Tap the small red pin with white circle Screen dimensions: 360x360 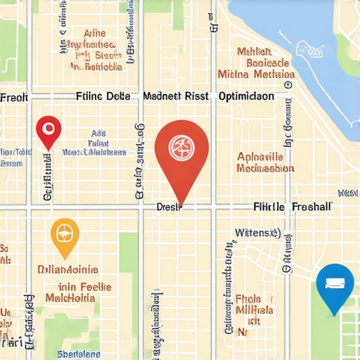[48, 129]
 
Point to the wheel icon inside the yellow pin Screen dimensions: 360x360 [65, 233]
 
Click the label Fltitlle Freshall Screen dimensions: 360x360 [292, 207]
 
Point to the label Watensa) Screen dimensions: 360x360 [257, 232]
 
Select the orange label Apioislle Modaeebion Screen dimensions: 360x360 [266, 162]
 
